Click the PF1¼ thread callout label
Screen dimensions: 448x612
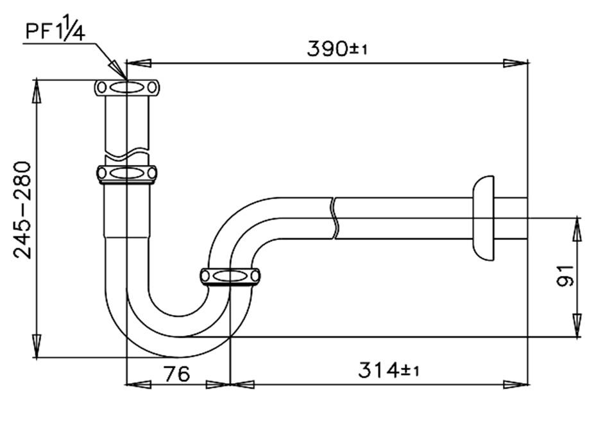pyautogui.click(x=54, y=30)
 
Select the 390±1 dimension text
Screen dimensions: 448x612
pyautogui.click(x=336, y=49)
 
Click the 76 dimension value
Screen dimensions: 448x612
pyautogui.click(x=174, y=373)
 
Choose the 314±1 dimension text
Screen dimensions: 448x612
pyautogui.click(x=389, y=370)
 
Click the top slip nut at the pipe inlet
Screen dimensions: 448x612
pyautogui.click(x=126, y=88)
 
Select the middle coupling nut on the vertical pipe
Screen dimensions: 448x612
pyautogui.click(x=126, y=173)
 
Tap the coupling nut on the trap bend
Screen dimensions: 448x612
pyautogui.click(x=230, y=276)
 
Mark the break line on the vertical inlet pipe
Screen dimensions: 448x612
pyautogui.click(x=126, y=155)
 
